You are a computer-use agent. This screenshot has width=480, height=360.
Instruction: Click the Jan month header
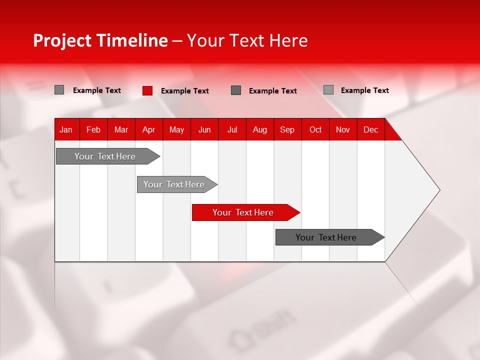coord(66,129)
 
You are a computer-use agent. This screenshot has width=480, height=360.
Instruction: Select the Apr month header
coord(148,129)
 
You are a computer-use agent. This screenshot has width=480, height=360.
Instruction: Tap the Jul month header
coord(232,129)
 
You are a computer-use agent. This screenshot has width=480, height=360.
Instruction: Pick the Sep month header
coord(287,129)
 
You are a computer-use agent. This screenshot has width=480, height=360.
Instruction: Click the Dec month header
coord(370,129)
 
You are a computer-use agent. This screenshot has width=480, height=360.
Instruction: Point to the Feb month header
coord(93,129)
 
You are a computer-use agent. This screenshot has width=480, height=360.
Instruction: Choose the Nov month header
coord(342,129)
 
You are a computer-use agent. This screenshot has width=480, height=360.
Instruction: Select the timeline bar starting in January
coord(105,156)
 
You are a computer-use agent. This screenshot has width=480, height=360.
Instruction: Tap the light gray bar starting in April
coord(174,184)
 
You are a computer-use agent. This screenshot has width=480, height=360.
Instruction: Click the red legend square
coord(147,90)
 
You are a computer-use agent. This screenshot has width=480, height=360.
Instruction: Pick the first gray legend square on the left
coord(59,90)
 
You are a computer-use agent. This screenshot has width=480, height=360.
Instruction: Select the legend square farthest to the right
coord(328,90)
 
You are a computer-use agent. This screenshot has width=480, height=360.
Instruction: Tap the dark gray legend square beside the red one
coord(236,90)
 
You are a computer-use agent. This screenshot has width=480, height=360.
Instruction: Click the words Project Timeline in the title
coord(100,40)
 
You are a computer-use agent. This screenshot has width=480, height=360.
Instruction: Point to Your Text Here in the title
coord(247,40)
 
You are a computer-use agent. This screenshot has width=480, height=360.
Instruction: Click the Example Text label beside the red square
coord(185,91)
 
